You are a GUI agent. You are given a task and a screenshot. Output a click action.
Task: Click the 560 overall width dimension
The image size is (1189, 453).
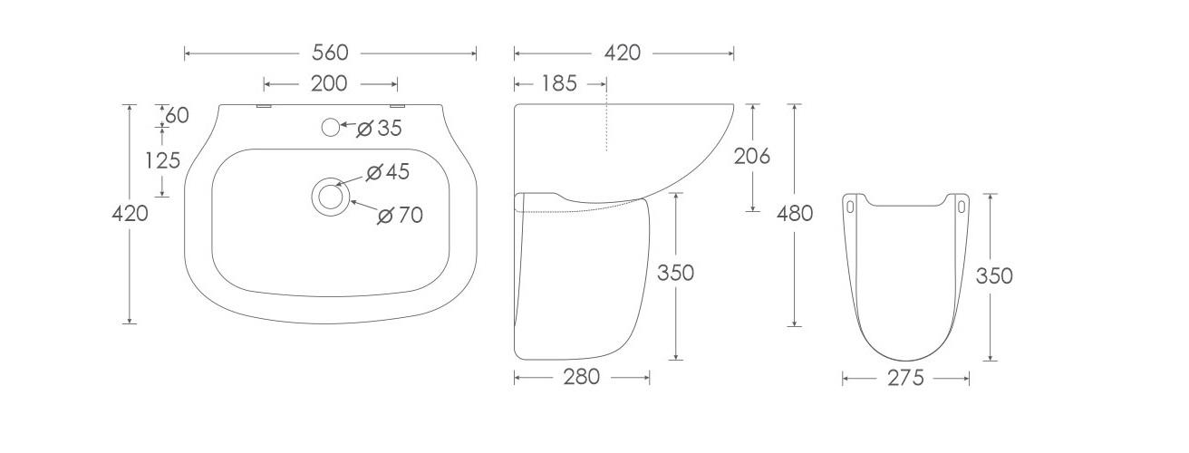(x=330, y=53)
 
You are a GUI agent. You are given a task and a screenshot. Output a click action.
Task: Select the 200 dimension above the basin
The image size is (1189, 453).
(x=328, y=83)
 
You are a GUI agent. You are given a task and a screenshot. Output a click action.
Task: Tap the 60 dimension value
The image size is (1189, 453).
(x=178, y=115)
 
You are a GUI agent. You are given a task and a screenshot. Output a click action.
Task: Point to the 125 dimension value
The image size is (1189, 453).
(x=162, y=160)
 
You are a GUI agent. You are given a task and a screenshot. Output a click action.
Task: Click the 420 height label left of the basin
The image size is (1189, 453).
(x=129, y=214)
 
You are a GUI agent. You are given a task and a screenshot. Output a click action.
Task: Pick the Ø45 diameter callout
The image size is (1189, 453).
(x=387, y=171)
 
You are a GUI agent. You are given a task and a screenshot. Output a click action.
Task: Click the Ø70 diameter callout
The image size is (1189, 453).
(x=400, y=215)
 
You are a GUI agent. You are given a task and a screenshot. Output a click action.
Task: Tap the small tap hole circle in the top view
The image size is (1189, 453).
(x=332, y=128)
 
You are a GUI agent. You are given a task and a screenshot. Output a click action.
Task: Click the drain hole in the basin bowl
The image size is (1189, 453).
(x=330, y=197)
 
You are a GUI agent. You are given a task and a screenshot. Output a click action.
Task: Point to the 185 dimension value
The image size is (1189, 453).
(x=559, y=83)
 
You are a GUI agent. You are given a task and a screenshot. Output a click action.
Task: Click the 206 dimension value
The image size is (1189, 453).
(x=751, y=156)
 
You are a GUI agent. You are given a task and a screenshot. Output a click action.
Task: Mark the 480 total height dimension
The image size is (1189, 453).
(x=795, y=214)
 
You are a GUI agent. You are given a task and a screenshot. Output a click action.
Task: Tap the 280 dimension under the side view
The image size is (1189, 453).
(x=581, y=377)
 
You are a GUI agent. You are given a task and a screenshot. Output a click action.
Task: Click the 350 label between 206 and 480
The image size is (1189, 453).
(x=675, y=272)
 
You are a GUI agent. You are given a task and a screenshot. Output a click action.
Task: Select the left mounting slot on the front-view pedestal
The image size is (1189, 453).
(x=850, y=207)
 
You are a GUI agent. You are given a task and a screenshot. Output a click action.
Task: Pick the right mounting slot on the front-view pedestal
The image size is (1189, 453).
(x=962, y=207)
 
